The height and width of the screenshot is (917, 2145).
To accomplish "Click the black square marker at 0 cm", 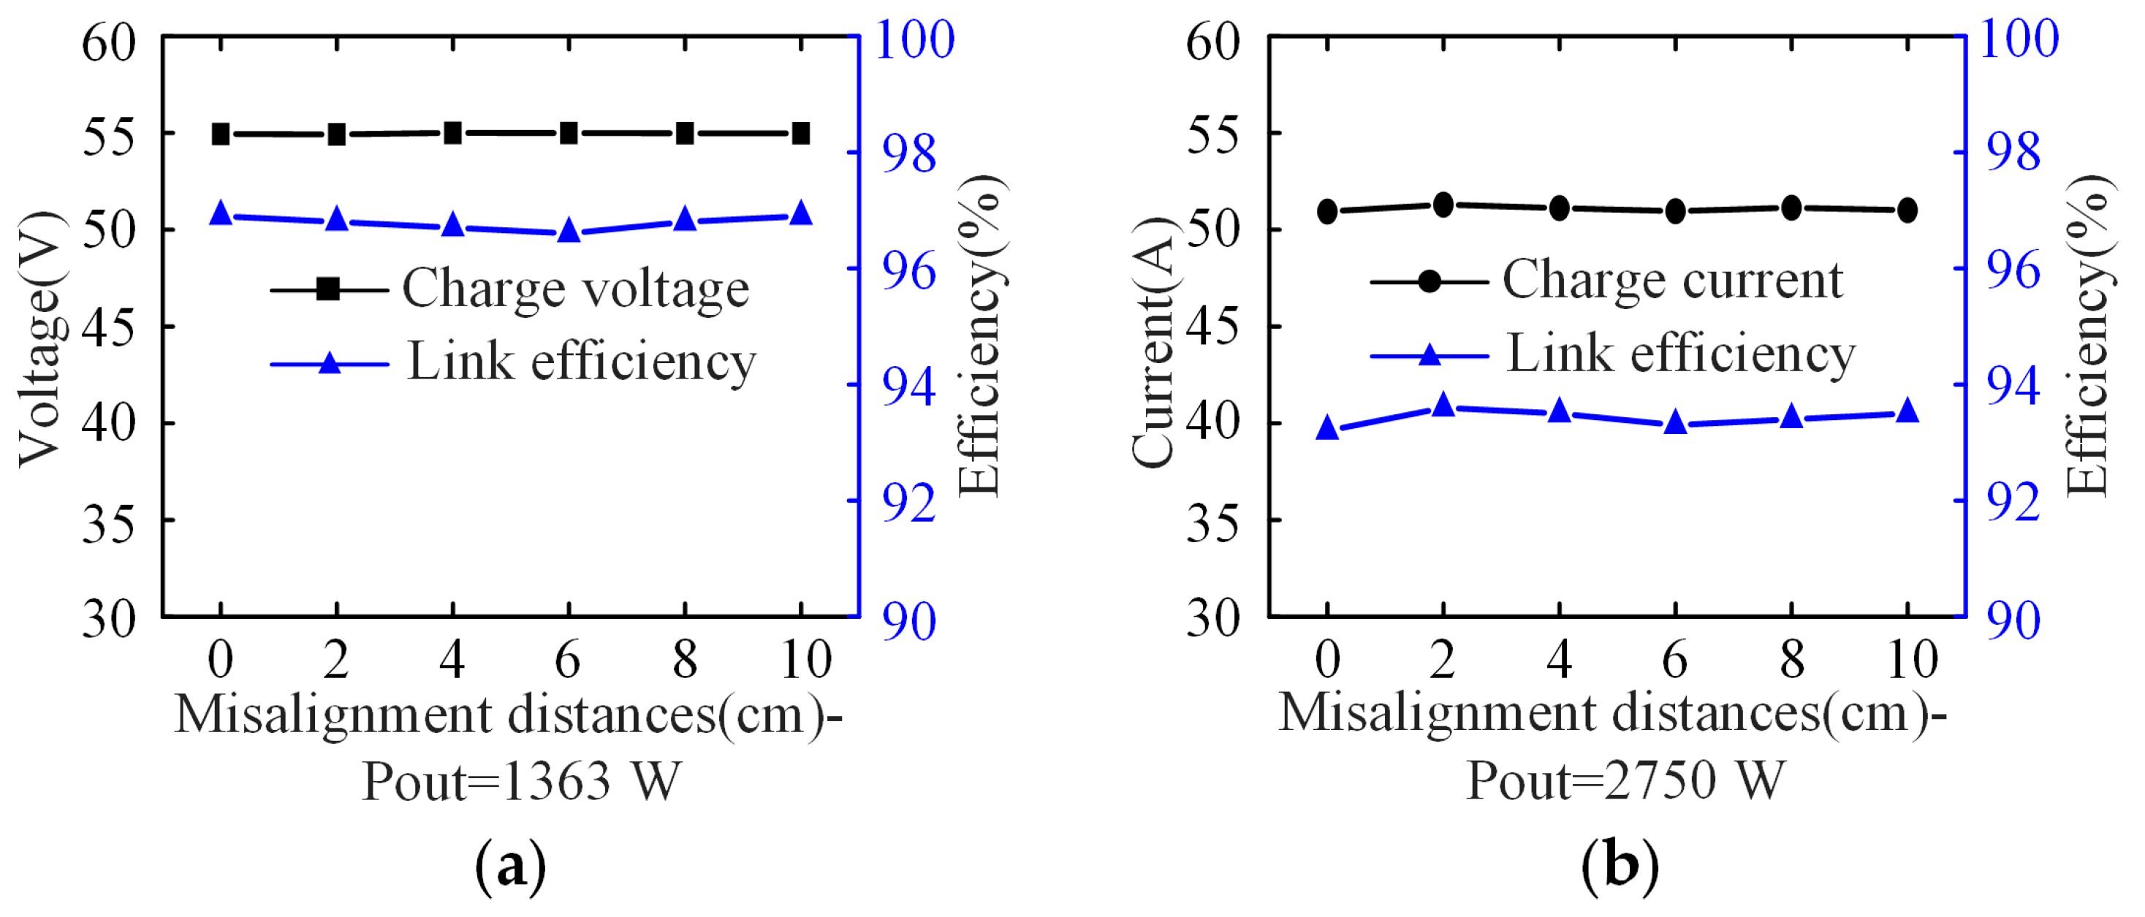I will [x=221, y=134].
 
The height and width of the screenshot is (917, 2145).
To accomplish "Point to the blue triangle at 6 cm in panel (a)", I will [x=568, y=232].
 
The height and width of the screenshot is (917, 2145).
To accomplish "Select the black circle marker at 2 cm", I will [x=1443, y=204].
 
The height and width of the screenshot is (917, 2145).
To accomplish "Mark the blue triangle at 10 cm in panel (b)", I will [x=1907, y=411].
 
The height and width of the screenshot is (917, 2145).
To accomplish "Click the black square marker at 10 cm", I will [x=800, y=133].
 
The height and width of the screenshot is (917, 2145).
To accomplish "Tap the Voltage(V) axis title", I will [x=40, y=340].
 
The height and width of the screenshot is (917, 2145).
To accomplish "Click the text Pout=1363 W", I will [x=521, y=782].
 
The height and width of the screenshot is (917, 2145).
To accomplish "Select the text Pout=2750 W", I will [x=1625, y=780].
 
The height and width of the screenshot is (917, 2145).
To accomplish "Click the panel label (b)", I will [x=1620, y=864].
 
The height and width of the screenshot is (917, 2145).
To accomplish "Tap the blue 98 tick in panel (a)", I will [x=908, y=154].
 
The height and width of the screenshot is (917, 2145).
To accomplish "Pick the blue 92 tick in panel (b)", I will [x=2013, y=502].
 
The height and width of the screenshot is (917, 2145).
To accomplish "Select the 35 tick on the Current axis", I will [x=1212, y=523].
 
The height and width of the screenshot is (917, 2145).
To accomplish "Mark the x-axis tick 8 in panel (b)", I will [x=1791, y=660].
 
